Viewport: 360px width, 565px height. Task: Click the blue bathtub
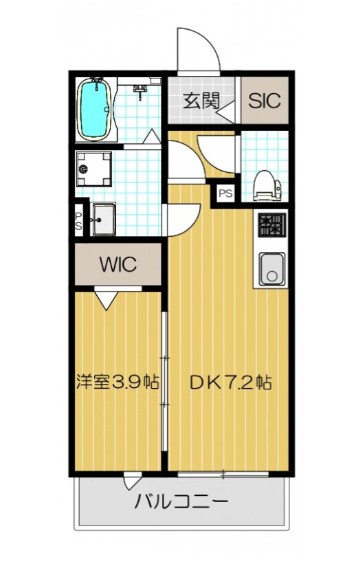pyautogui.click(x=95, y=109)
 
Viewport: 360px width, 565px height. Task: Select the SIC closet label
pyautogui.click(x=264, y=100)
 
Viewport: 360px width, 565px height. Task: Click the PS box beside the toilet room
pyautogui.click(x=226, y=193)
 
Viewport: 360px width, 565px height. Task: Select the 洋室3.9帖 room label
pyautogui.click(x=116, y=382)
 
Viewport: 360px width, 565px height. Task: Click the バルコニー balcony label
pyautogui.click(x=181, y=501)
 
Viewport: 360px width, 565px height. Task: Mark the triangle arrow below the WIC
pyautogui.click(x=106, y=297)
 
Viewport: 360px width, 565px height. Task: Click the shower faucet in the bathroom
pyautogui.click(x=142, y=93)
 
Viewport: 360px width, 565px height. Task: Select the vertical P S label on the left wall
pyautogui.click(x=77, y=218)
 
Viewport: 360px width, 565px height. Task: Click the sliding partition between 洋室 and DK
pyautogui.click(x=164, y=380)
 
